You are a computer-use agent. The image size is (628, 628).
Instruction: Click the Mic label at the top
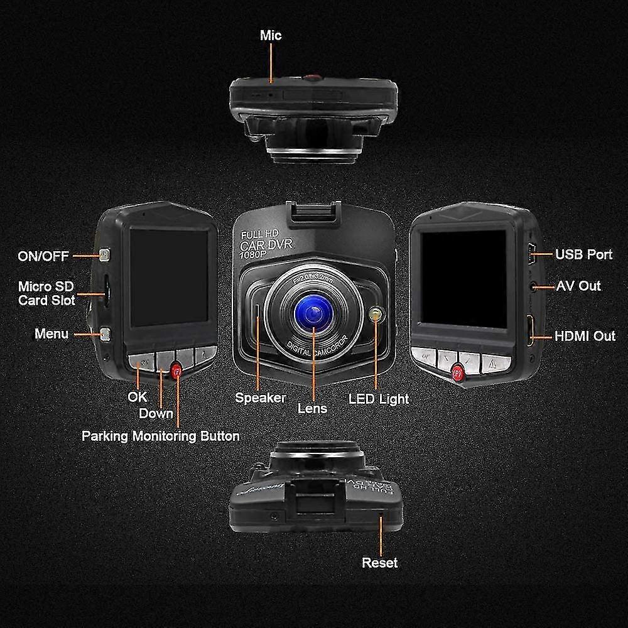coord(271,35)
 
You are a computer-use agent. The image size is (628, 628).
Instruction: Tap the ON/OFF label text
coord(44,256)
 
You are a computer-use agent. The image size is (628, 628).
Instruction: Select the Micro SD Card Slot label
coord(46,293)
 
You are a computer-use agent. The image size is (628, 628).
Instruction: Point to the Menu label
coord(51,333)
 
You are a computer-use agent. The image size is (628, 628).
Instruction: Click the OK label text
coord(137,397)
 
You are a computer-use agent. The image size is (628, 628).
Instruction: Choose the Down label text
coord(156,413)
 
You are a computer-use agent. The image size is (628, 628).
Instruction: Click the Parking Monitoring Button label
coord(161,436)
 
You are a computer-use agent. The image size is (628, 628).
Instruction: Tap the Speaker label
coord(261,398)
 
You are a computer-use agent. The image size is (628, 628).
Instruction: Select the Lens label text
coord(313,408)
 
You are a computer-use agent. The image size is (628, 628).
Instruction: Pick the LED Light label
coord(379,399)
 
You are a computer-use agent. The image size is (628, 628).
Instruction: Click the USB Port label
coord(583,255)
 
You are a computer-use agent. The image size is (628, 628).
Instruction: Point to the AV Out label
coord(578,286)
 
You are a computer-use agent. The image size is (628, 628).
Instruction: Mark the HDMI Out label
coord(585,336)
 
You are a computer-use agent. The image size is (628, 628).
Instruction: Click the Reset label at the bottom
coord(379,563)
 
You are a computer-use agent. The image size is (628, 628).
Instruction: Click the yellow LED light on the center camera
coord(376,315)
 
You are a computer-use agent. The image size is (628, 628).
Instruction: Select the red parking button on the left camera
coord(177,371)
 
